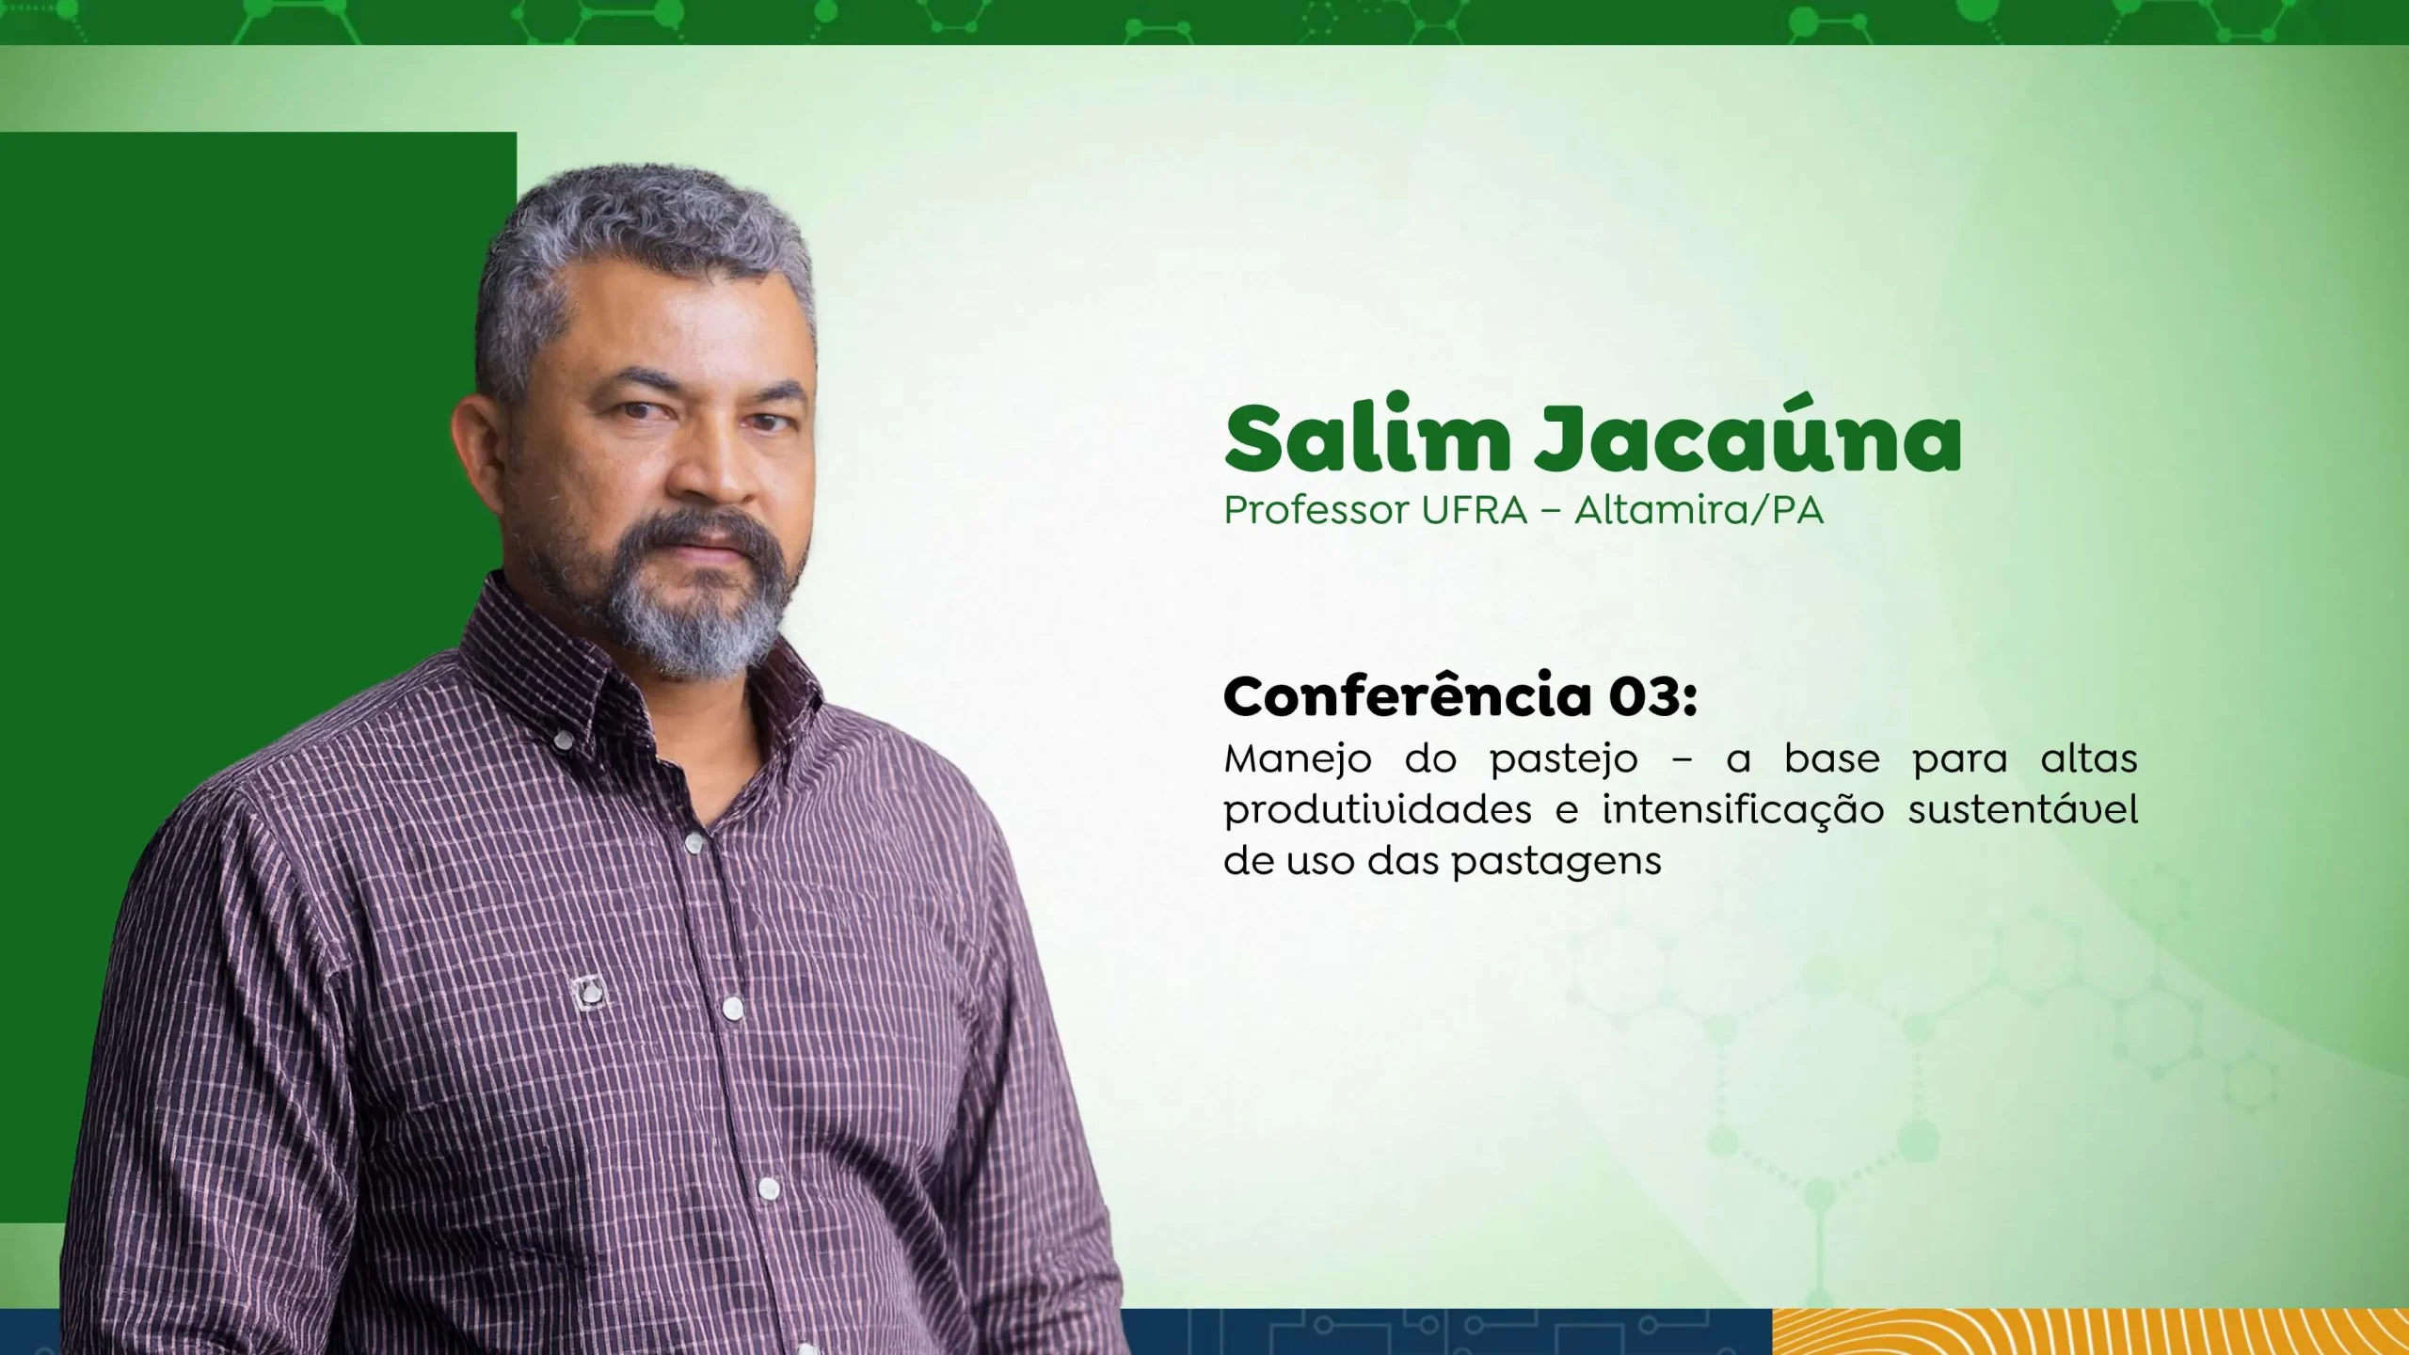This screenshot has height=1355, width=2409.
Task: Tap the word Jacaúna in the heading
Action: pyautogui.click(x=1748, y=438)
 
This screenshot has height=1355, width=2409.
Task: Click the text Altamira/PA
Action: pyautogui.click(x=1699, y=511)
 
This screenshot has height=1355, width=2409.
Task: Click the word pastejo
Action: pyautogui.click(x=1564, y=761)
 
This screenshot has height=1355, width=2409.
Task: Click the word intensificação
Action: pyautogui.click(x=1743, y=810)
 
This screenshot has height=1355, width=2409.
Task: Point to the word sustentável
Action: pyautogui.click(x=2023, y=810)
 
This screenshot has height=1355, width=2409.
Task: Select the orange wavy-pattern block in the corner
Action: pyautogui.click(x=2090, y=1331)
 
